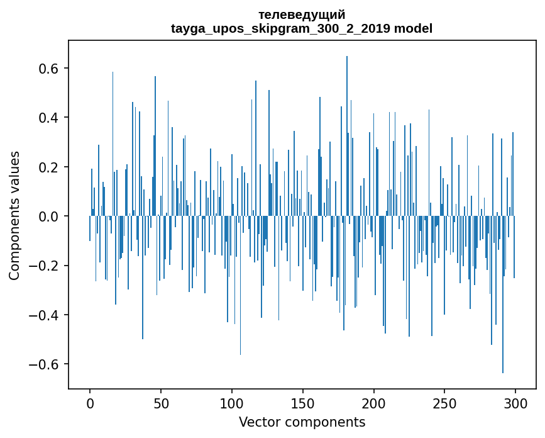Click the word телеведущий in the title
click(x=302, y=14)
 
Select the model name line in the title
click(x=302, y=28)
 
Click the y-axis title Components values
click(x=14, y=215)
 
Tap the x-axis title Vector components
click(x=302, y=422)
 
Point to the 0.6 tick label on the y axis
click(x=47, y=69)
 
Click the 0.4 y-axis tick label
click(x=47, y=118)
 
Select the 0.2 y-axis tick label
click(x=47, y=167)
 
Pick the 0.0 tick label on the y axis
click(x=47, y=216)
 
